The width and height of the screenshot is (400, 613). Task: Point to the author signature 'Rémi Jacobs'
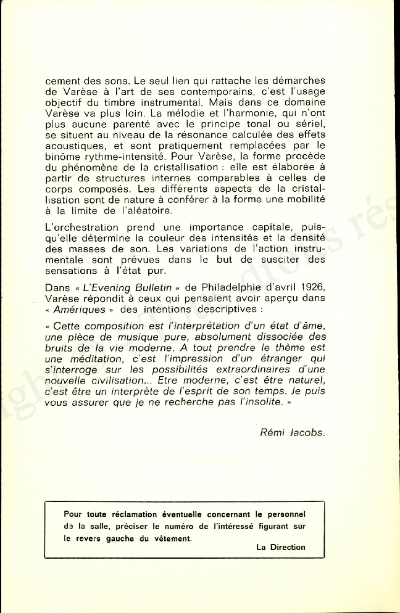point(292,432)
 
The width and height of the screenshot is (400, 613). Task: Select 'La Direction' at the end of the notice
point(280,547)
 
